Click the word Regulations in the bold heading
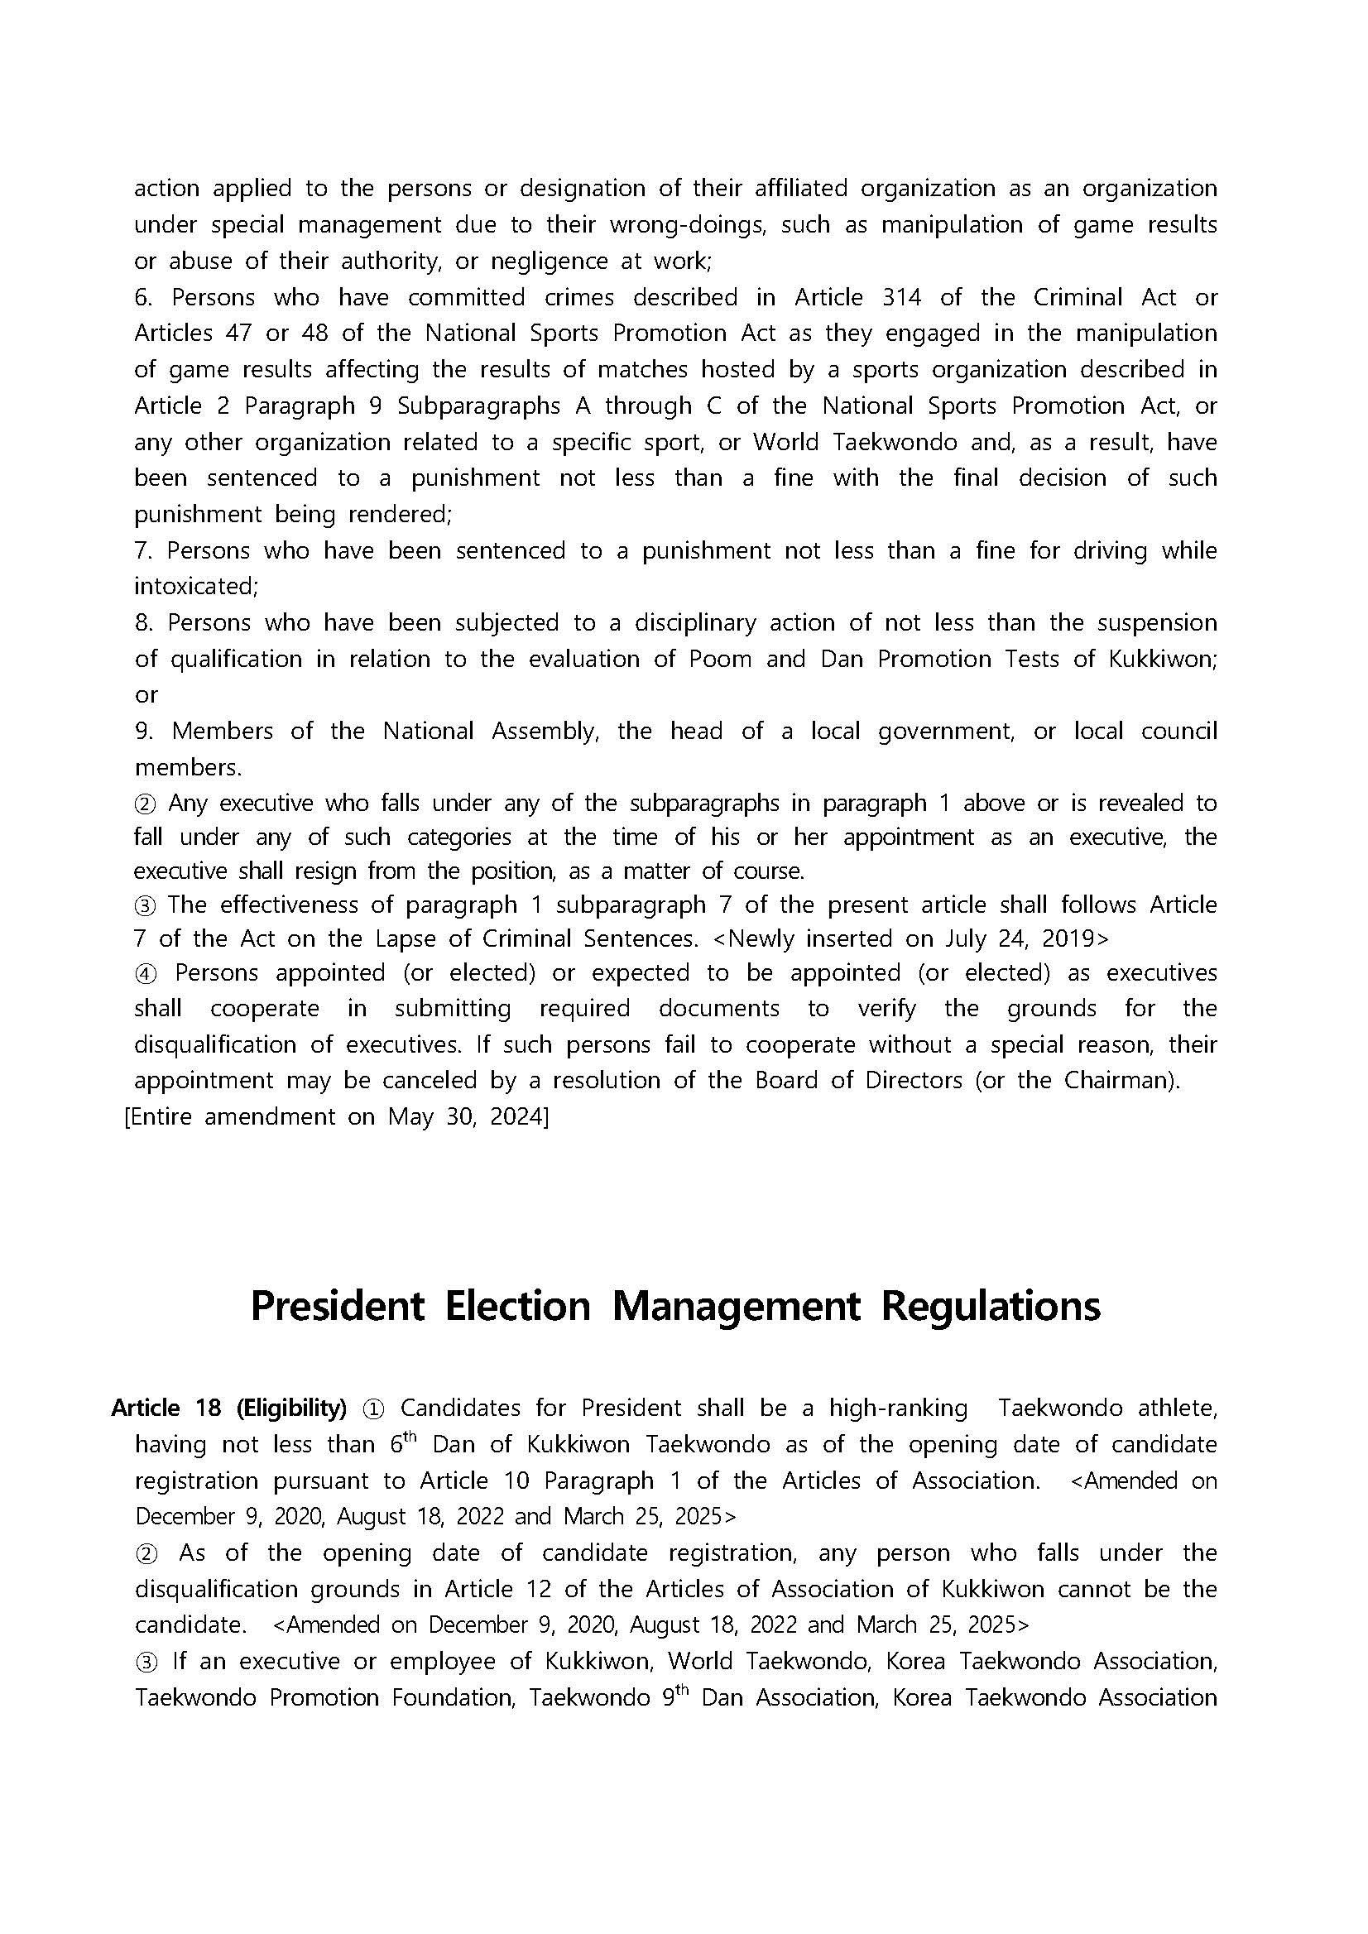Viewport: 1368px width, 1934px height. [x=991, y=1307]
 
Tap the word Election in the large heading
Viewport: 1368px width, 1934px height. [x=517, y=1307]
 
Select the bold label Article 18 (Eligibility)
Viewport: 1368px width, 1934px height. [x=228, y=1408]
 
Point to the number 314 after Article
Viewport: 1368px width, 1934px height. [x=901, y=297]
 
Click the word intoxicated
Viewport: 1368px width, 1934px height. [x=194, y=586]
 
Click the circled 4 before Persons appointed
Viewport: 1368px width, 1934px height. [x=146, y=974]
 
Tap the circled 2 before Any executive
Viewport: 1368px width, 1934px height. [x=145, y=804]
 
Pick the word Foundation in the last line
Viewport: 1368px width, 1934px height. [x=453, y=1697]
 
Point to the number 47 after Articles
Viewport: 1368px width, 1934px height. [x=238, y=334]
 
